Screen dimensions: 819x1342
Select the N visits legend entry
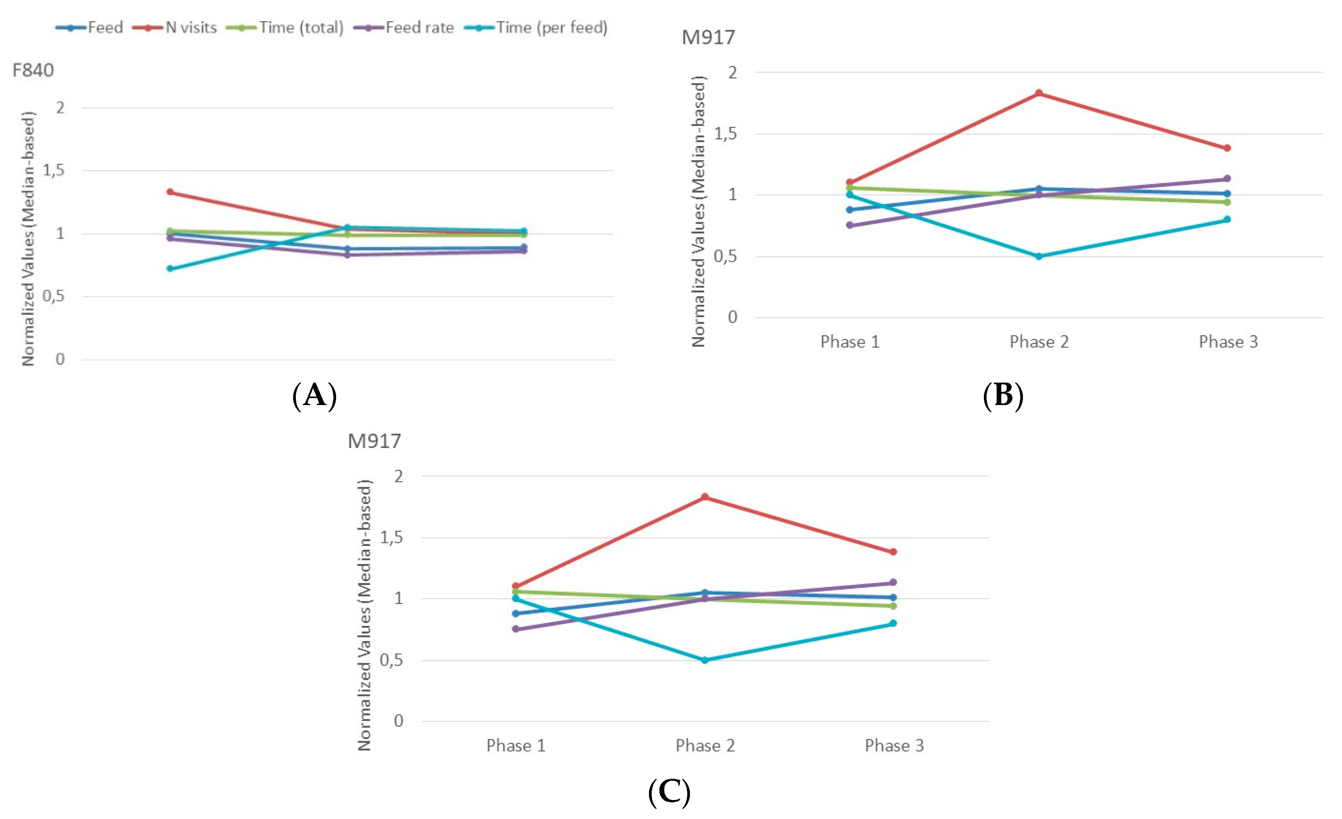click(183, 27)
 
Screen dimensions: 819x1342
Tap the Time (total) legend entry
click(285, 27)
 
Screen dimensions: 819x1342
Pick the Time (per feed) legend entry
click(536, 27)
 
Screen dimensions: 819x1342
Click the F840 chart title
click(32, 70)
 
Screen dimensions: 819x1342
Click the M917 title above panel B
click(708, 38)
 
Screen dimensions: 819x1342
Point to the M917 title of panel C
click(374, 441)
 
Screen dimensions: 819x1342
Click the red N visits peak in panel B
click(1039, 93)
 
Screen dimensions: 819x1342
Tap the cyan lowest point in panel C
click(705, 660)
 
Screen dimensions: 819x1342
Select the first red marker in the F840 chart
click(170, 192)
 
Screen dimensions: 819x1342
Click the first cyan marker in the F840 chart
click(170, 268)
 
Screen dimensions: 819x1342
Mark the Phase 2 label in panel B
click(1039, 342)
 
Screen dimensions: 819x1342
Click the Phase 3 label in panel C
click(894, 745)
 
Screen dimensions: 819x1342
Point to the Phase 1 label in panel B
click(850, 342)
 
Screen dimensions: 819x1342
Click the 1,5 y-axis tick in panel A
click(53, 171)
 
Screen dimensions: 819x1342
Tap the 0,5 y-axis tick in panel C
click(391, 660)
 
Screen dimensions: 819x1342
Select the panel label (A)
click(314, 396)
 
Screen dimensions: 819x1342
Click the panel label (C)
click(669, 792)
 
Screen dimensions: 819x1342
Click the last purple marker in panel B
click(1227, 179)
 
